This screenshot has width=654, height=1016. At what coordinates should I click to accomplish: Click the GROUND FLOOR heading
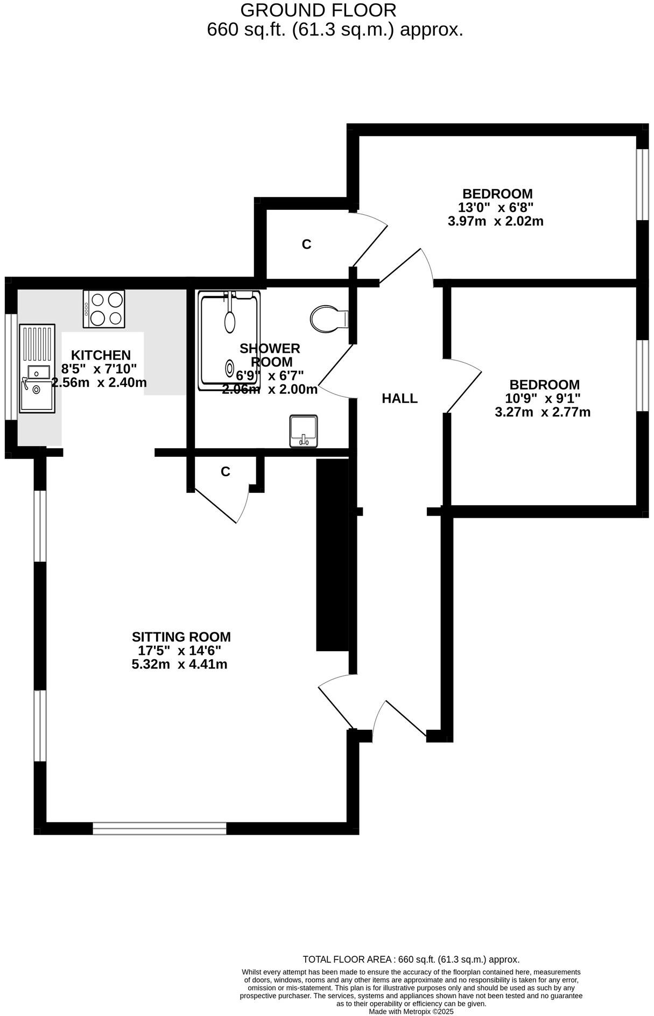(x=318, y=10)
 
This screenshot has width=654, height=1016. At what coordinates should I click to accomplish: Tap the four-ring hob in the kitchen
(x=104, y=309)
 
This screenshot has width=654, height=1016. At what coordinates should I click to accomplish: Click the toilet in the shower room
(x=327, y=319)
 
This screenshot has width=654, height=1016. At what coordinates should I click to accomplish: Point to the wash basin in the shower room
(x=304, y=431)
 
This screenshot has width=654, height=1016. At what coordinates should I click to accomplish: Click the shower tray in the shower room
(x=229, y=340)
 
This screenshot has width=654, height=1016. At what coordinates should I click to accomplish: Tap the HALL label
(x=399, y=399)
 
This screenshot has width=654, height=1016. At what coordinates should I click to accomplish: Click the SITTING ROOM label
(x=181, y=637)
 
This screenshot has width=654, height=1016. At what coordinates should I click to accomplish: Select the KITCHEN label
(x=101, y=355)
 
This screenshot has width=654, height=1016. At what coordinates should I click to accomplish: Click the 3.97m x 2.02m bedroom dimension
(x=495, y=221)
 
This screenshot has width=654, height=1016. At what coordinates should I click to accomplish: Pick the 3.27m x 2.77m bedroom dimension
(x=542, y=413)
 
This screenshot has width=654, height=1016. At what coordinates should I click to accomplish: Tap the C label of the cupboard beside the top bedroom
(x=306, y=245)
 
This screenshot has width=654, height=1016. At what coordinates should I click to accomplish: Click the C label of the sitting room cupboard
(x=225, y=472)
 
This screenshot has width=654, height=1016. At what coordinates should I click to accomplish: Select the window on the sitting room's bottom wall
(x=159, y=828)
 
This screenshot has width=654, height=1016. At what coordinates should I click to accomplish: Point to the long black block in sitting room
(x=332, y=555)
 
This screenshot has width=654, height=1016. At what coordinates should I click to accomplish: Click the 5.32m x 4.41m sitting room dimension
(x=179, y=665)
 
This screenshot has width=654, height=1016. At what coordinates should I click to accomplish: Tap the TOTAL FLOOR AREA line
(x=411, y=959)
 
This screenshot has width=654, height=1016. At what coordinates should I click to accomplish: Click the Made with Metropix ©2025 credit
(x=411, y=1011)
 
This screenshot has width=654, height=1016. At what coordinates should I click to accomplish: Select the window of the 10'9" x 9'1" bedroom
(x=643, y=376)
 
